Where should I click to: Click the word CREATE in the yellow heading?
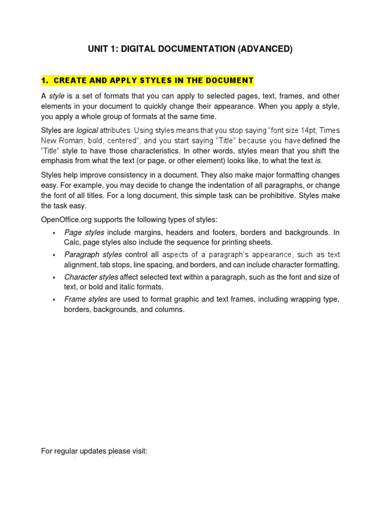point(68,80)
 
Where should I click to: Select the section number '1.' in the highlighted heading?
point(45,80)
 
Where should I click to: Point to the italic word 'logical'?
point(87,130)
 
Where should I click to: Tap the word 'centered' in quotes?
point(121,140)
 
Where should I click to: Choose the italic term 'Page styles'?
point(84,232)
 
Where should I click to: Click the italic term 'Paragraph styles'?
point(93,254)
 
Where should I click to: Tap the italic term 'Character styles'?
point(91,277)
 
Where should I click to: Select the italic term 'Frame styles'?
point(85,299)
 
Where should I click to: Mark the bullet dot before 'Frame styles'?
point(54,300)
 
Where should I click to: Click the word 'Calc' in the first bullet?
point(72,242)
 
